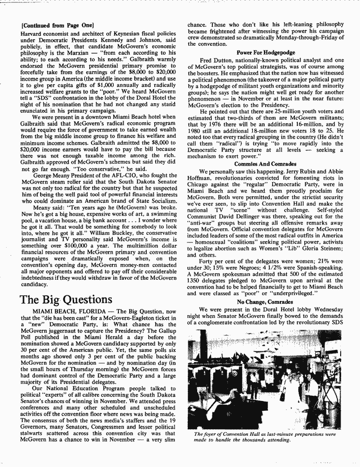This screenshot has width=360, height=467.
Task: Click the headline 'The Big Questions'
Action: pos(66,300)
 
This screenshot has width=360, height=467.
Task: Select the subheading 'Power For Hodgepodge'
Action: pos(264,53)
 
